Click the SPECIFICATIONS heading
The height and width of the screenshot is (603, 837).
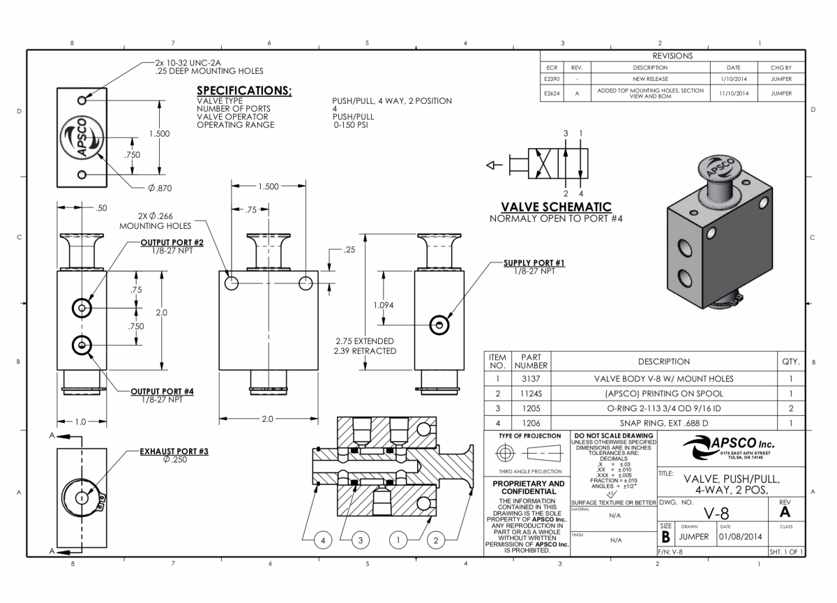(244, 91)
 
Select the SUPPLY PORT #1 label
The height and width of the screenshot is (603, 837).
(534, 263)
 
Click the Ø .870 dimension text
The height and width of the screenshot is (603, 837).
(159, 187)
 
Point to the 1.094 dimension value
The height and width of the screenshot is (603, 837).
(383, 305)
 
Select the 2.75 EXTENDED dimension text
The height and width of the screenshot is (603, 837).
(365, 341)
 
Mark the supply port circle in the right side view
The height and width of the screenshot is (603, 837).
(439, 324)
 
